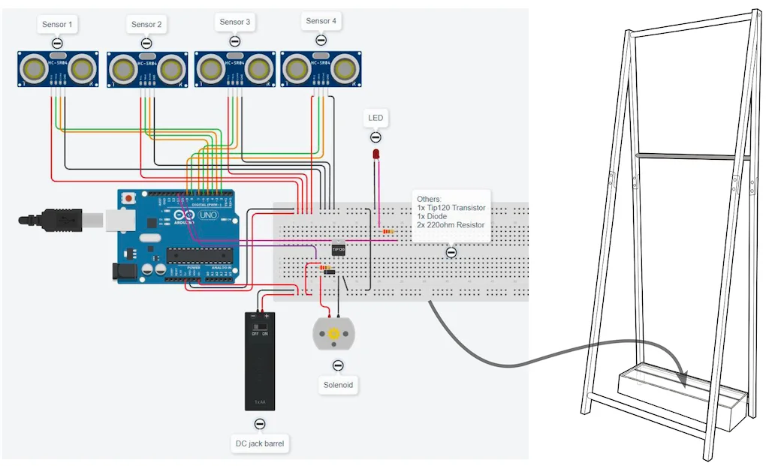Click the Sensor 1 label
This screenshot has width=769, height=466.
pyautogui.click(x=57, y=25)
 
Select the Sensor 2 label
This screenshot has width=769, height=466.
pyautogui.click(x=146, y=25)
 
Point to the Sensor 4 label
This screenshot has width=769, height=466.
pyautogui.click(x=321, y=21)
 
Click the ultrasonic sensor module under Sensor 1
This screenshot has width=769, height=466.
pyautogui.click(x=59, y=68)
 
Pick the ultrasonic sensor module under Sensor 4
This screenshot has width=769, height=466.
pyautogui.click(x=321, y=68)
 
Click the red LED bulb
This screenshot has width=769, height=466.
pyautogui.click(x=375, y=154)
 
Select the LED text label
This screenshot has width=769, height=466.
pyautogui.click(x=375, y=118)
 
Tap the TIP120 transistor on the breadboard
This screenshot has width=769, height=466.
pyautogui.click(x=339, y=248)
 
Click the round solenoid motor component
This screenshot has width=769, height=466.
pyautogui.click(x=331, y=333)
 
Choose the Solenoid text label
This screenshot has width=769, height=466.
pyautogui.click(x=337, y=385)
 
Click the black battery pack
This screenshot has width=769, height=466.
pyautogui.click(x=260, y=360)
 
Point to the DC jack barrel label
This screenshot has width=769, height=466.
pyautogui.click(x=260, y=444)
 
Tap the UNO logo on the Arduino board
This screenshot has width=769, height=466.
pyautogui.click(x=207, y=215)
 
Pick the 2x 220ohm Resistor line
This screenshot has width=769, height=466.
pyautogui.click(x=451, y=224)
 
